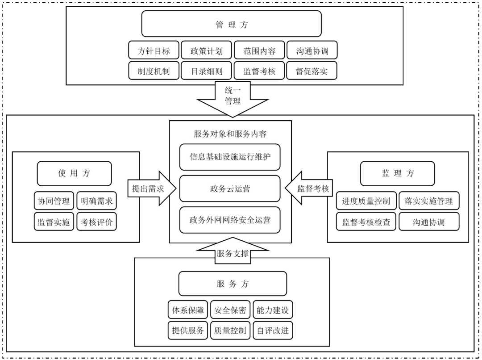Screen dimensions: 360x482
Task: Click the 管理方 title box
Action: coord(232,24)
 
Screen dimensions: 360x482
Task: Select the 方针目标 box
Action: coord(154,50)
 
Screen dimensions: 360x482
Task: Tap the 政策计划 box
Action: coord(207,50)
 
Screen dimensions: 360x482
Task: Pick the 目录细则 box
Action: coord(207,71)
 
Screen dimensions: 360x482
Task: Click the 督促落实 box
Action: coord(312,71)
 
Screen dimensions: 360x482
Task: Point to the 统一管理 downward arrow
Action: coord(233,97)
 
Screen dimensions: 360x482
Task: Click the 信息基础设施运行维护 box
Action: coord(230,157)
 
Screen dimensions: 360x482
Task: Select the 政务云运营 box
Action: coord(230,188)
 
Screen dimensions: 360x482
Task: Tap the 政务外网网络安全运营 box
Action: coord(230,220)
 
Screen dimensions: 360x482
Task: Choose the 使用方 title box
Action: coord(74,173)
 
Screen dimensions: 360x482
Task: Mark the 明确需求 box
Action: coord(96,201)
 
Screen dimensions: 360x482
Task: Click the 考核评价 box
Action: coord(96,222)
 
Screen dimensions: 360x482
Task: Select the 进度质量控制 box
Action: coord(366,201)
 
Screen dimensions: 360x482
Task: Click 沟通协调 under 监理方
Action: coord(428,222)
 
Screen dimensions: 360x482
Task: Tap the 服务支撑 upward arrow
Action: coord(232,252)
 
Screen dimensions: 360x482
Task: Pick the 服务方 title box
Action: coord(232,284)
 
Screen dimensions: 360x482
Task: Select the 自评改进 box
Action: coord(273,331)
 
